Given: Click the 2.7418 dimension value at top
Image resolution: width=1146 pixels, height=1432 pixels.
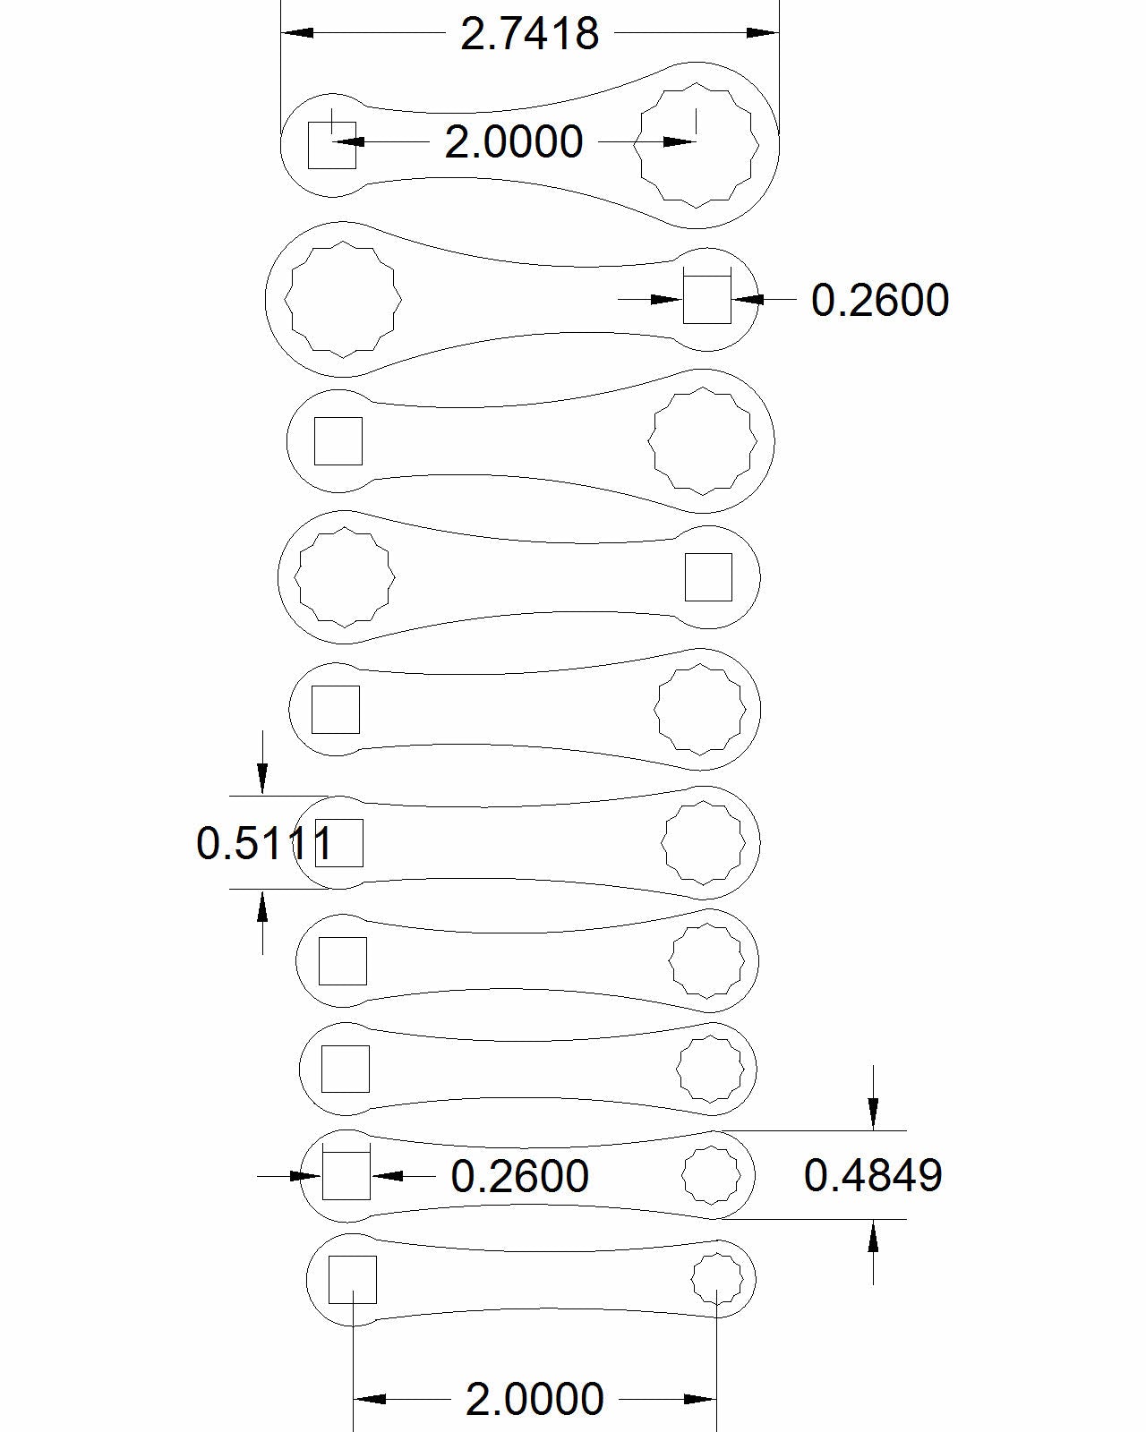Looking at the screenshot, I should tap(529, 34).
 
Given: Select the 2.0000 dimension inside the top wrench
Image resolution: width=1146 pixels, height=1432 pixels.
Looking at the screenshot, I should tap(514, 142).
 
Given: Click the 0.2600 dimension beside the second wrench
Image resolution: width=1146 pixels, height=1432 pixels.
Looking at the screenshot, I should tap(879, 300).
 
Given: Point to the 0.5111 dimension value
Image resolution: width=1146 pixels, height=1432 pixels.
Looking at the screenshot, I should tap(264, 843).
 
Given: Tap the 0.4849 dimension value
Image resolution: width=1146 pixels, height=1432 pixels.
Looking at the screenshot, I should tap(873, 1175).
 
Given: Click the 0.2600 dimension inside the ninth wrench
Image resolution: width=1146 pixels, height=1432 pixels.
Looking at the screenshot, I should tap(519, 1176).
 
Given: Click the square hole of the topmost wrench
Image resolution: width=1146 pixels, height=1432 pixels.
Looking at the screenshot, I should tap(332, 145).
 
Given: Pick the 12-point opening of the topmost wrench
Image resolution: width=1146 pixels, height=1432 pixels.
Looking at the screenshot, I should tap(697, 144).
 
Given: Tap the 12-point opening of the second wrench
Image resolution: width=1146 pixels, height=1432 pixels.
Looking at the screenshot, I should tap(343, 298).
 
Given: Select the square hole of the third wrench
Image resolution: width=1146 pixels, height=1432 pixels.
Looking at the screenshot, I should tap(338, 441).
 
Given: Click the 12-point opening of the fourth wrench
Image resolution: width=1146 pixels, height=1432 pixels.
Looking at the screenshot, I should tap(345, 577).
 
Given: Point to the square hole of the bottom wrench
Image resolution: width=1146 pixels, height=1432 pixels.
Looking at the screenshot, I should tap(352, 1280).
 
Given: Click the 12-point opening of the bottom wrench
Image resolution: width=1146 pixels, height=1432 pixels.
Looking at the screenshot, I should tap(717, 1278).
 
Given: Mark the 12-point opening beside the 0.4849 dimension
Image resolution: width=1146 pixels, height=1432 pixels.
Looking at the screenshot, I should tap(711, 1175).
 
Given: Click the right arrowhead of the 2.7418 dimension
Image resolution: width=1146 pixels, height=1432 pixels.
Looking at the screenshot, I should tap(764, 33).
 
